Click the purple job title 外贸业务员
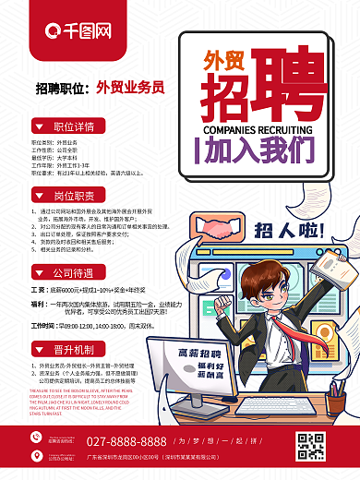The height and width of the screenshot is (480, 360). [x=130, y=88]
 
